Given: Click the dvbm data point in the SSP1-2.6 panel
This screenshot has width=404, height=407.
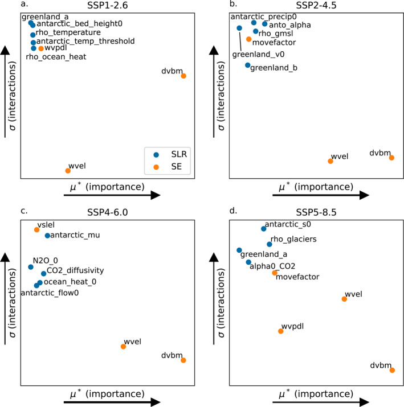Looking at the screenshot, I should tap(183, 76).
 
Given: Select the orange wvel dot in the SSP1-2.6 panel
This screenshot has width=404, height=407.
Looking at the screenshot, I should tap(68, 170).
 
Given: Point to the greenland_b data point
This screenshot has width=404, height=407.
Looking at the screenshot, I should tap(248, 65).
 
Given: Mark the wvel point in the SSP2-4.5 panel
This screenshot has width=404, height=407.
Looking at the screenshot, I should tap(330, 161).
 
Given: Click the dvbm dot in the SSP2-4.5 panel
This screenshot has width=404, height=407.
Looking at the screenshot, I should tap(391, 157).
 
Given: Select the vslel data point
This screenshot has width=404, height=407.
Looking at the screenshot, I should tap(36, 230).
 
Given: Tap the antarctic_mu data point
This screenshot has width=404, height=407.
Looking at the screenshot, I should tap(47, 235).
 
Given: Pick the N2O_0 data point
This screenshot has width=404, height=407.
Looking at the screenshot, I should tap(31, 266).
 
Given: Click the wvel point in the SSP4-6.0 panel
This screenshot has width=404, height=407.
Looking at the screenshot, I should tap(123, 346).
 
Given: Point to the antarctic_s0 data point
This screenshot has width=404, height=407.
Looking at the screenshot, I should tap(263, 228).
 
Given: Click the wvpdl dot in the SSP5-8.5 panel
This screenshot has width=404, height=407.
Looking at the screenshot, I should tap(280, 331).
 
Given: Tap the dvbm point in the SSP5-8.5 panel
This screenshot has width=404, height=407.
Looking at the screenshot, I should tap(392, 370).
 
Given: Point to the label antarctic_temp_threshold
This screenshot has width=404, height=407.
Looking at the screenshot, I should tap(85, 41).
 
